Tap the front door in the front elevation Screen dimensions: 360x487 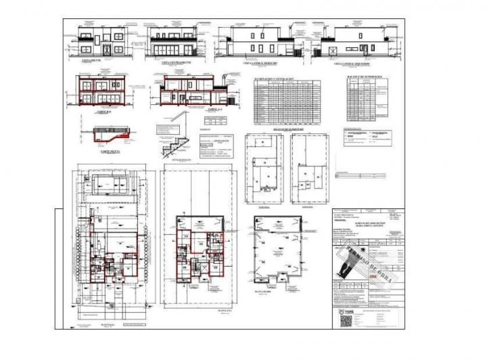(107, 49)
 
